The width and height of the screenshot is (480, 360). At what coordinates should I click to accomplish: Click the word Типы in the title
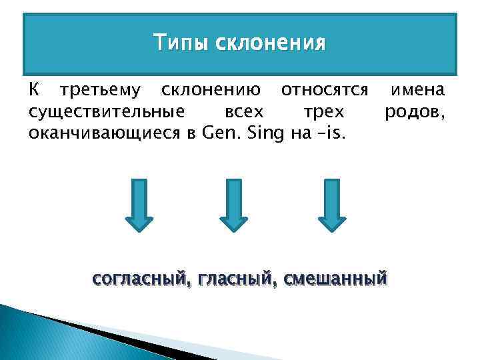(x=175, y=43)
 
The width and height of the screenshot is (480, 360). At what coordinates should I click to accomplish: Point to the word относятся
(x=325, y=90)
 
